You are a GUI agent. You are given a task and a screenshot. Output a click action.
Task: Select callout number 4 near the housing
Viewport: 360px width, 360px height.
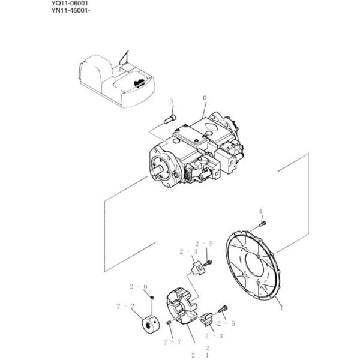(260, 211)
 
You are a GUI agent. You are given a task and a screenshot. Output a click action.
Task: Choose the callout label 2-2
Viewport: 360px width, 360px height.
(124, 306)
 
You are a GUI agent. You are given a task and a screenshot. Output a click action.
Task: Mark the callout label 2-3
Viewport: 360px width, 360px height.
(214, 337)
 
